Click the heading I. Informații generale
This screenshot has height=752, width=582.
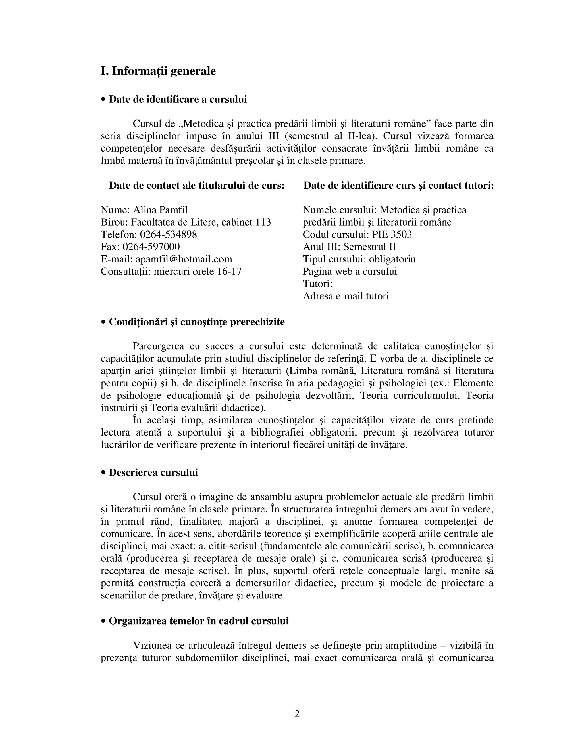pyautogui.click(x=158, y=71)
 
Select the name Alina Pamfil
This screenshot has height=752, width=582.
pyautogui.click(x=160, y=210)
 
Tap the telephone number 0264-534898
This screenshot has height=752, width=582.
pyautogui.click(x=168, y=234)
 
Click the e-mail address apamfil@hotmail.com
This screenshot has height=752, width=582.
pyautogui.click(x=184, y=259)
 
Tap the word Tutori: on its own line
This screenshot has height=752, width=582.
pyautogui.click(x=317, y=284)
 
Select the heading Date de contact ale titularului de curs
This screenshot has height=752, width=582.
pyautogui.click(x=197, y=186)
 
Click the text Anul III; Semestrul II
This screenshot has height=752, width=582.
pyautogui.click(x=349, y=247)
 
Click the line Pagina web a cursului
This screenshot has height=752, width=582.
pyautogui.click(x=350, y=272)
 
